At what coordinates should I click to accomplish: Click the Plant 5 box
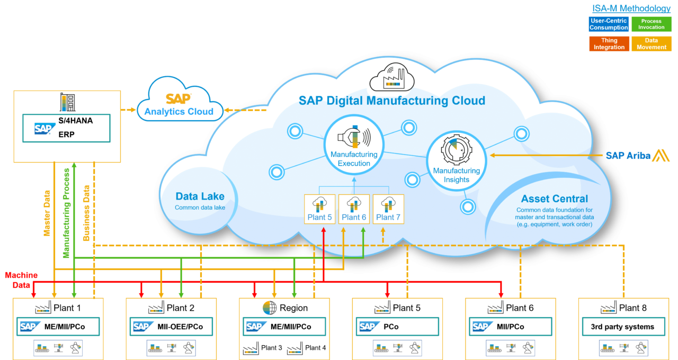pos(319,209)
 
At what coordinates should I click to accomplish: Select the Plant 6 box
pos(354,209)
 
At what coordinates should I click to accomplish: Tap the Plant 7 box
pos(388,209)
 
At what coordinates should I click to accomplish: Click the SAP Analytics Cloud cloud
pos(179,104)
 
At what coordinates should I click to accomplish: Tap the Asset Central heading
pos(554,199)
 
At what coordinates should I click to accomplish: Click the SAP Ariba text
pos(628,156)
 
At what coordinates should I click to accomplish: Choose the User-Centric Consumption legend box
pos(609,24)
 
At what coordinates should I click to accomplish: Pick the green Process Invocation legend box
pos(652,24)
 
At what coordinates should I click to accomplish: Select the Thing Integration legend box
pos(609,43)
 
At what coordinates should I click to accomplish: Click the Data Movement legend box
pos(652,43)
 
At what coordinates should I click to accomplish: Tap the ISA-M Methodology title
pos(631,8)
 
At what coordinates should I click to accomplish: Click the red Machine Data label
pos(21,280)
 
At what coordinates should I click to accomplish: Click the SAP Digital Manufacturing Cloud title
pos(391,101)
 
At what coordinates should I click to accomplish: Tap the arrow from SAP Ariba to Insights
pos(546,155)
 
